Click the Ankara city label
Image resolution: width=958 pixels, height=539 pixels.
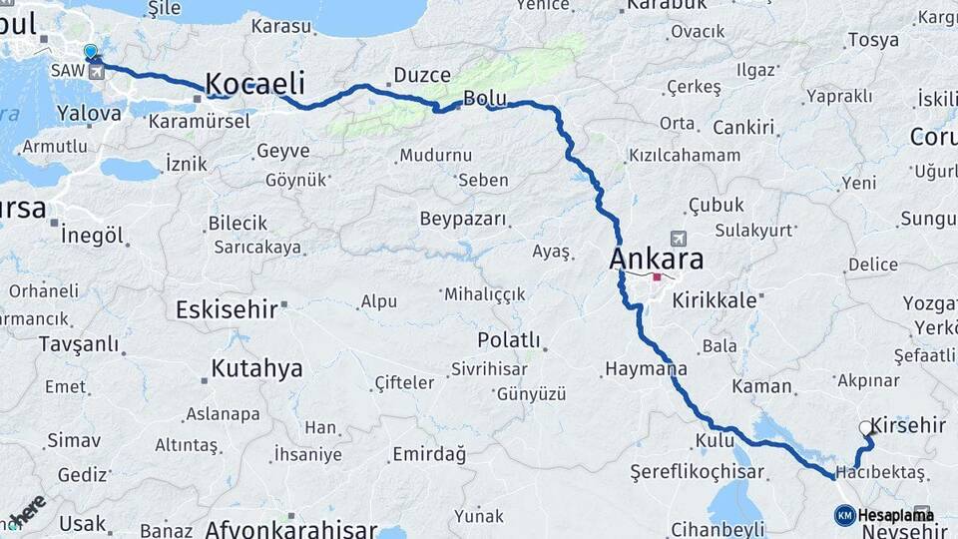click(x=656, y=260)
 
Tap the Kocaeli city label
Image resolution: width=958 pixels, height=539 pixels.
click(x=254, y=84)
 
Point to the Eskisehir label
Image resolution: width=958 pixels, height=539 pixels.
click(x=227, y=308)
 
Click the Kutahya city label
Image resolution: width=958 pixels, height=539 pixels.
click(x=256, y=368)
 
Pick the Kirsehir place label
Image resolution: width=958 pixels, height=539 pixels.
click(x=908, y=425)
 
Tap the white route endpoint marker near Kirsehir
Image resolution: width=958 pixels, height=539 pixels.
click(x=865, y=428)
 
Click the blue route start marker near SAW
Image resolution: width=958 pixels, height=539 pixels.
click(x=91, y=52)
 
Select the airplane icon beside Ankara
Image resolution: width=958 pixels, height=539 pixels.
click(x=680, y=240)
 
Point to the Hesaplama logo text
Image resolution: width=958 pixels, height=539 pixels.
click(x=895, y=515)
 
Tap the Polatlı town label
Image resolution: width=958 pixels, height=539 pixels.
click(x=509, y=339)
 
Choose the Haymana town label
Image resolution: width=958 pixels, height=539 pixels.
click(x=646, y=369)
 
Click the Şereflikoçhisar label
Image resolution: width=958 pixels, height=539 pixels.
click(x=698, y=471)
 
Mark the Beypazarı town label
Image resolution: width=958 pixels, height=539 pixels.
click(x=463, y=218)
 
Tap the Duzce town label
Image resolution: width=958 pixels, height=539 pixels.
click(x=422, y=75)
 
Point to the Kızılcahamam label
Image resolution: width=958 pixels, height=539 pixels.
click(x=685, y=155)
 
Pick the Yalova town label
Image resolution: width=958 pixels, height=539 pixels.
click(x=89, y=113)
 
